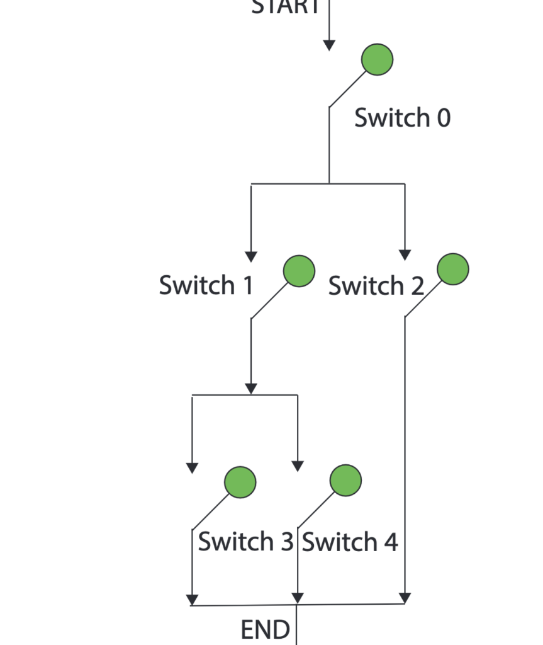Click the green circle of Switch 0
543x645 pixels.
click(378, 60)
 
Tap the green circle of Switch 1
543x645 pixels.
click(299, 271)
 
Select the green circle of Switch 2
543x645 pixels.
click(453, 269)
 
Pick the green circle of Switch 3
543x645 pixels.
click(240, 482)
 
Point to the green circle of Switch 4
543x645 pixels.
click(345, 481)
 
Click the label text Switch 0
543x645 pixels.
click(402, 118)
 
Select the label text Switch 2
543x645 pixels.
click(376, 285)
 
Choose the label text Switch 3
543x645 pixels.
click(245, 542)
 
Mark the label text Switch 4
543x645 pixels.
click(350, 542)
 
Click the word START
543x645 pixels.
click(286, 8)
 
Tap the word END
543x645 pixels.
click(266, 629)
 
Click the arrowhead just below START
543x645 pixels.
click(329, 45)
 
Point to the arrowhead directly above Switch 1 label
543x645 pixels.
click(251, 256)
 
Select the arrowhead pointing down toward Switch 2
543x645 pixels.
click(405, 255)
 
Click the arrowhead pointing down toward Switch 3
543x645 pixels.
click(193, 467)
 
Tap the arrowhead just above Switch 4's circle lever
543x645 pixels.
click(298, 466)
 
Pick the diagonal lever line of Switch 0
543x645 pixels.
click(348, 89)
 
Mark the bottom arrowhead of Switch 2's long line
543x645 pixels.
click(405, 597)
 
